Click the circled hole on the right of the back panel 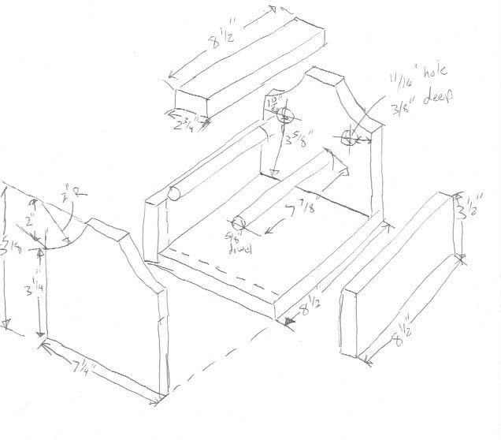click(351, 136)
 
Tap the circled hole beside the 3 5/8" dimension click(284, 117)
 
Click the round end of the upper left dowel click(176, 193)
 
